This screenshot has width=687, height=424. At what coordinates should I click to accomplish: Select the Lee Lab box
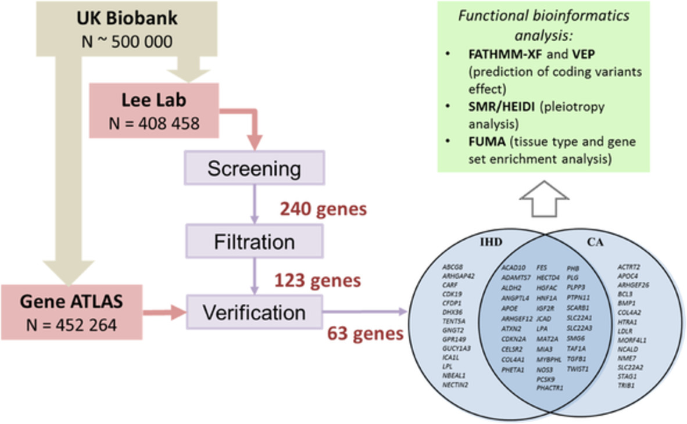coord(153,110)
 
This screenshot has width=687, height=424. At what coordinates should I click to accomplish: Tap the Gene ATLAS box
coord(71,312)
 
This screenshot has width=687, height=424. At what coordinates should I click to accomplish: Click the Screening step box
coord(254,170)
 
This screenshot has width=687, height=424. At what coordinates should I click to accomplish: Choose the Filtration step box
coord(254,240)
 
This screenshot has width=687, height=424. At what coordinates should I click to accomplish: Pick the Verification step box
coord(254,312)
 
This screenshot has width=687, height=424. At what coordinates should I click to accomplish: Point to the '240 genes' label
coord(323,209)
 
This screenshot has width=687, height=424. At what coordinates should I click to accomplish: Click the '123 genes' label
coord(317,281)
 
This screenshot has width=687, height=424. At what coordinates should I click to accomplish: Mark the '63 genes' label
coord(365,333)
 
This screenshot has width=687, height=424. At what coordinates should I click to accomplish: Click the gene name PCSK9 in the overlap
coord(545,379)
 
